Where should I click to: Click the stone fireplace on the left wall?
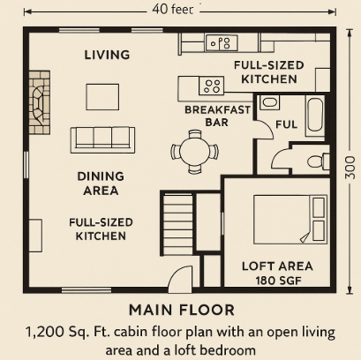pos(40,102)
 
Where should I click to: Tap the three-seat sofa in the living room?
pos(102,140)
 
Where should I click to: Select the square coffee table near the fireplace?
pos(102,97)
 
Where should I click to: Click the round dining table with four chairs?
pos(194,151)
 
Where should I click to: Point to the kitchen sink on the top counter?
pos(222,42)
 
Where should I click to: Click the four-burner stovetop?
pos(212,86)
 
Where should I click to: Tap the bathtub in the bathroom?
pos(315,116)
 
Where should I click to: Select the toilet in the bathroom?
pos(318,161)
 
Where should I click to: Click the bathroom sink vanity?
pos(269,102)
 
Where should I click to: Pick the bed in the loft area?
pos(290,220)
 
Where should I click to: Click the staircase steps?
pos(177,224)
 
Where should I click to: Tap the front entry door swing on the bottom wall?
pos(180,279)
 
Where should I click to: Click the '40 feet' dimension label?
pos(173,10)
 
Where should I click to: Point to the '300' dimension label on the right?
pos(350,168)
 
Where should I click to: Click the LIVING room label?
pos(107,55)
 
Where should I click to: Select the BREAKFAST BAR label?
pos(217,116)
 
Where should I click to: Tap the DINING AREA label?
pos(101,184)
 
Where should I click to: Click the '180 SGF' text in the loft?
pos(278,281)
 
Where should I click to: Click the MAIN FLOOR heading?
pos(182,310)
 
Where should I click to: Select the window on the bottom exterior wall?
pos(86,290)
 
